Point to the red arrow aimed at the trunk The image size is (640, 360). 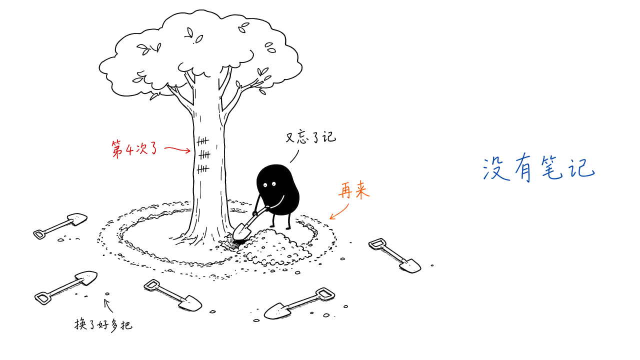(x=177, y=149)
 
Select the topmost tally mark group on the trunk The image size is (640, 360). (x=202, y=141)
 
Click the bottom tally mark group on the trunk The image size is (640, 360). (x=203, y=169)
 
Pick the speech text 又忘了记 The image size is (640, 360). (x=311, y=137)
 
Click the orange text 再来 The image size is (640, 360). (x=354, y=190)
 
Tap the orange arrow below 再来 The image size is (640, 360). (x=339, y=211)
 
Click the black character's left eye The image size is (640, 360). (x=265, y=185)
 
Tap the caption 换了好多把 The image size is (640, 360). (x=103, y=325)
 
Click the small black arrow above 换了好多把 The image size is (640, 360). (x=108, y=305)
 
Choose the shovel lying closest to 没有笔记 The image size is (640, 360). (x=395, y=255)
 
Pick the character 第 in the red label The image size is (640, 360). (x=117, y=149)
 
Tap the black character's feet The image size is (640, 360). (x=280, y=227)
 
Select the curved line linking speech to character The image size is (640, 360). (x=295, y=156)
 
